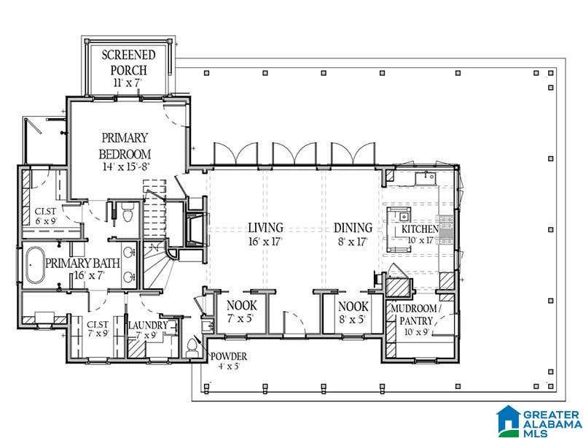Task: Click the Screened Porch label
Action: click(129, 62)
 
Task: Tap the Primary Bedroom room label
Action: click(125, 145)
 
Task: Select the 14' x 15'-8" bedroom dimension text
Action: click(125, 166)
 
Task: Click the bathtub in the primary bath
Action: click(35, 265)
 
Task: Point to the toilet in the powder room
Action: click(192, 348)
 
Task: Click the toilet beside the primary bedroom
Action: click(127, 212)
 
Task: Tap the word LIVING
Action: click(265, 227)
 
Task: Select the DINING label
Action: click(353, 228)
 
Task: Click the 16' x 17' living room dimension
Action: click(265, 242)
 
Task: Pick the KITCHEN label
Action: click(420, 228)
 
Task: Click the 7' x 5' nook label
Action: click(242, 319)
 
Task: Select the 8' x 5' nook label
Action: click(353, 319)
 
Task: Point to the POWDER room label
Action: click(229, 356)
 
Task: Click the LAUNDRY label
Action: click(148, 325)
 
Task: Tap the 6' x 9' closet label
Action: click(46, 220)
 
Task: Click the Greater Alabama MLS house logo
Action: click(508, 420)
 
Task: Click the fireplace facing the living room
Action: click(197, 230)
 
